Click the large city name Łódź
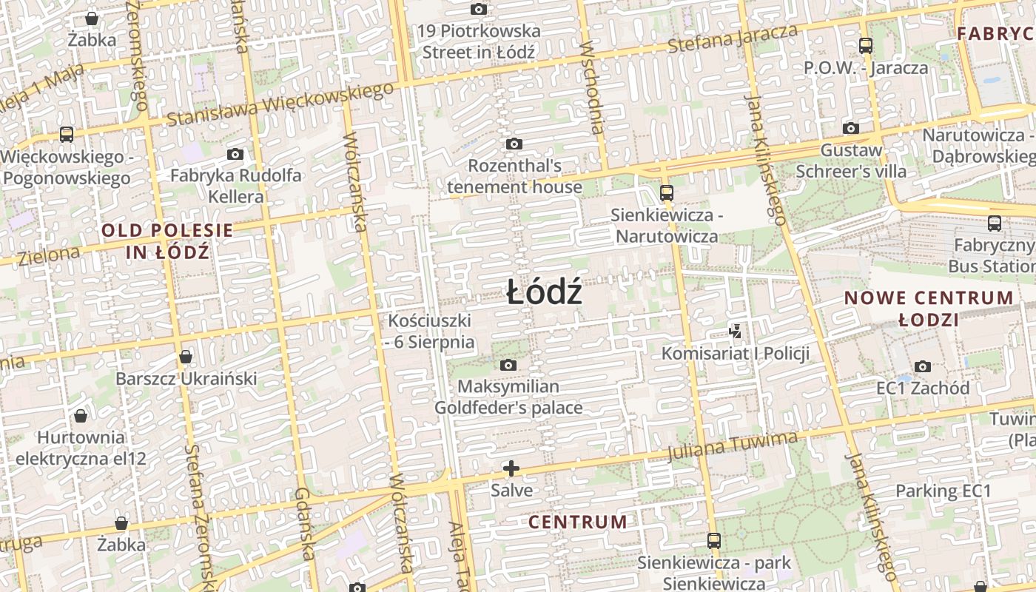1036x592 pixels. click(545, 293)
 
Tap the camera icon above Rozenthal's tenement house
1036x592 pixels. click(514, 144)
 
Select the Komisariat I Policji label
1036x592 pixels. click(735, 354)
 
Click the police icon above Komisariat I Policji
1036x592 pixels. click(735, 331)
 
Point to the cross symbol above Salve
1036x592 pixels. click(511, 468)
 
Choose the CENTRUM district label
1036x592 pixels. click(577, 522)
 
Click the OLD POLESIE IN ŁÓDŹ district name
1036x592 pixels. click(167, 241)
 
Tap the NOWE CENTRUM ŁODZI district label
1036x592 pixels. click(929, 309)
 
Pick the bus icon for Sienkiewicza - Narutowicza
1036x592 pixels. click(666, 193)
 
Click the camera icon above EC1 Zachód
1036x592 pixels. click(922, 366)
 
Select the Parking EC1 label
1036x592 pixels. click(943, 491)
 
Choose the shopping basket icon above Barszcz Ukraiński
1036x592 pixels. click(186, 357)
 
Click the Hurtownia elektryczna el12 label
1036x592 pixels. click(81, 448)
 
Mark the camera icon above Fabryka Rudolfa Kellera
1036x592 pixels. click(235, 154)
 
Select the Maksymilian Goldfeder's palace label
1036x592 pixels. click(508, 397)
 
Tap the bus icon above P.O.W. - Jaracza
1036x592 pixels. click(866, 46)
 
